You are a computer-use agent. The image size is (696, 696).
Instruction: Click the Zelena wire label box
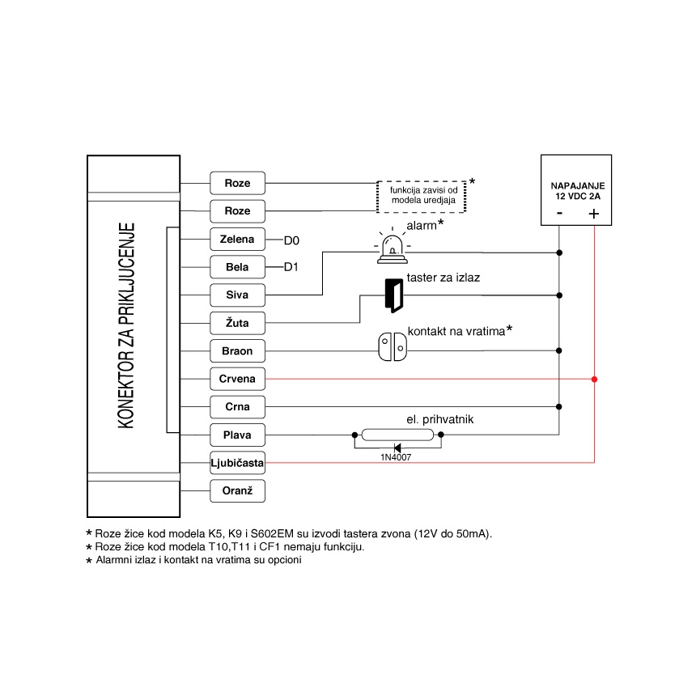[237, 240]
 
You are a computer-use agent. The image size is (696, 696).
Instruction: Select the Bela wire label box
[237, 267]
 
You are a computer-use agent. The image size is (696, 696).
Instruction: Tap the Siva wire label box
[237, 295]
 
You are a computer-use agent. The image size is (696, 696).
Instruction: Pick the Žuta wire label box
[237, 324]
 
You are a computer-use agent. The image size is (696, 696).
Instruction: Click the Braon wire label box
[237, 351]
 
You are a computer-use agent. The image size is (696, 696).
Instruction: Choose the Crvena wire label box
[237, 379]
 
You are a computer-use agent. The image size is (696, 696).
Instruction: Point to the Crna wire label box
[237, 407]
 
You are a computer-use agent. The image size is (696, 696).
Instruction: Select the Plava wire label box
[237, 435]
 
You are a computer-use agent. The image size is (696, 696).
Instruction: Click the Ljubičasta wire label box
[237, 463]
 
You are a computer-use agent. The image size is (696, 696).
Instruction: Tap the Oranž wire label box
[237, 490]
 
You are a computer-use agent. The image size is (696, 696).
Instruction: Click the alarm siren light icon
[392, 250]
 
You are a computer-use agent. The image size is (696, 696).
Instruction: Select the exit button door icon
[394, 295]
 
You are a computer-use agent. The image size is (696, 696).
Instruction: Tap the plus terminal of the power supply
[593, 214]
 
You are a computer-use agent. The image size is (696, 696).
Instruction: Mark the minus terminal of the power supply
[559, 214]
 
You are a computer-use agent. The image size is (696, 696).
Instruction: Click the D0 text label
[291, 240]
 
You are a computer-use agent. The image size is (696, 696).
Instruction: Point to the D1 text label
[291, 268]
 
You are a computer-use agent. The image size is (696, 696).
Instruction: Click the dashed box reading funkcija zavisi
[423, 196]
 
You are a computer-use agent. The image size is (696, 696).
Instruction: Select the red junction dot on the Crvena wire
[594, 379]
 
